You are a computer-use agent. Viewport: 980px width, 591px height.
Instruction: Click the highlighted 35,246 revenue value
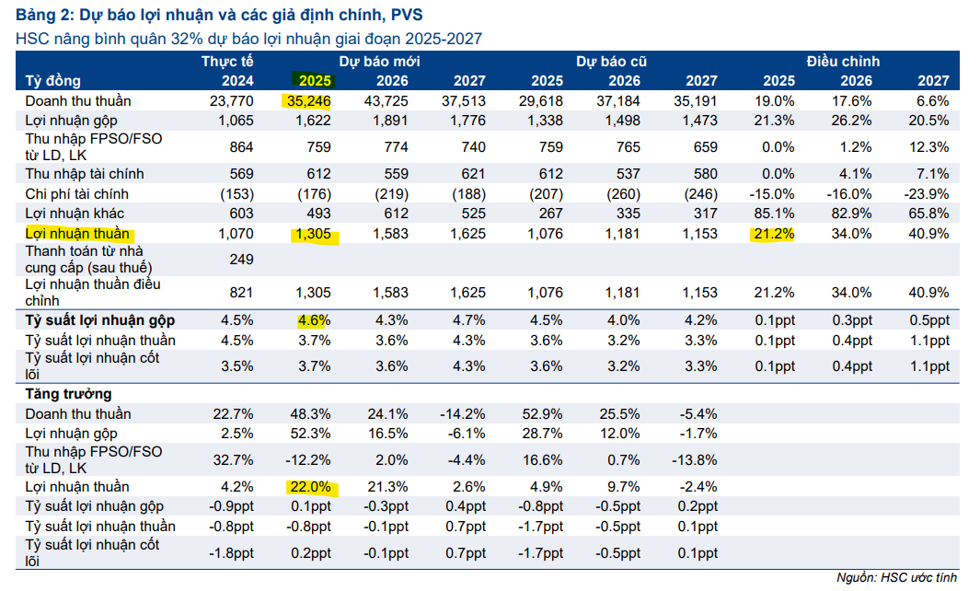(310, 100)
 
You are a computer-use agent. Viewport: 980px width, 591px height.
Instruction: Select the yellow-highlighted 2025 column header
(314, 80)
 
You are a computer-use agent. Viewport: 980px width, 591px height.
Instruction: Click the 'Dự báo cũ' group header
(611, 62)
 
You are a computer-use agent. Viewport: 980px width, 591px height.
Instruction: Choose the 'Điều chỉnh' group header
(843, 62)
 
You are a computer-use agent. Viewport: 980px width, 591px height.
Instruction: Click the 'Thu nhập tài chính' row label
(85, 174)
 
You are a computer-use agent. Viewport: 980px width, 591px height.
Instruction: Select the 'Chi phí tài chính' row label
(77, 194)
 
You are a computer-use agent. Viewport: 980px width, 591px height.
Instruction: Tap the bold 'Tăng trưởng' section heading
(69, 394)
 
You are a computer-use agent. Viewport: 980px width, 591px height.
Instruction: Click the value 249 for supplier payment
(240, 261)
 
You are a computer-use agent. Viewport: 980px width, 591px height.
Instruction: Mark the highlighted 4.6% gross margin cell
(314, 320)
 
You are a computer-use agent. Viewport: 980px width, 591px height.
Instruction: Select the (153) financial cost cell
(233, 194)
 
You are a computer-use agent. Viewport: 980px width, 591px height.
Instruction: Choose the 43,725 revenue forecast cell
(386, 100)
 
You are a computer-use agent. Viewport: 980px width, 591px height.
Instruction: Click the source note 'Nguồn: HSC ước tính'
(896, 577)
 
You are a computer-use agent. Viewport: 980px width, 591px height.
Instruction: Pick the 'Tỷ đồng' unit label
(52, 80)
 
